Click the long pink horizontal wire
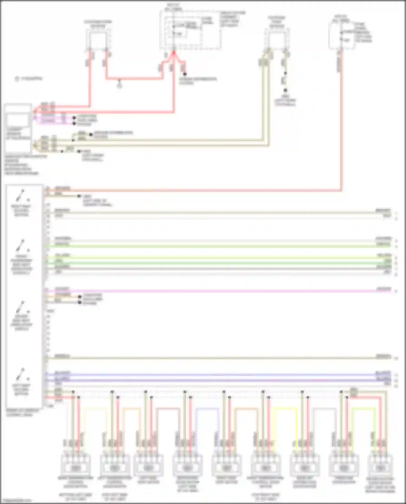coord(217,291)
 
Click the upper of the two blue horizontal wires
coord(217,375)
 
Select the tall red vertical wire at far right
coord(341,122)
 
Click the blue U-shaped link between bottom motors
coord(207,409)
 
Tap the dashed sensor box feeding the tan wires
coord(277,40)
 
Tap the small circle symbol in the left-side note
coord(17,79)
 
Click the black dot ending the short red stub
coord(185,74)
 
